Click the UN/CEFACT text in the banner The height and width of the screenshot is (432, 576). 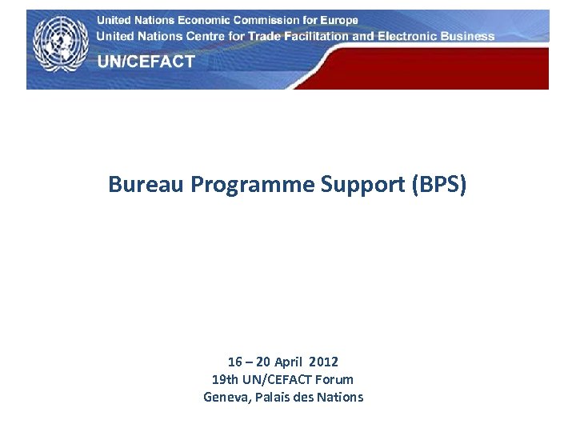point(146,62)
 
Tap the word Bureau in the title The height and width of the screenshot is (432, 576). point(146,185)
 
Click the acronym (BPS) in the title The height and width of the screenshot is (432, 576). point(438,186)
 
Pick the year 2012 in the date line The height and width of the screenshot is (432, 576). point(324,362)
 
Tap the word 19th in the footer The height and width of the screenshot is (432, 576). point(225,379)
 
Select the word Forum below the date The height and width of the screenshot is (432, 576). point(334,379)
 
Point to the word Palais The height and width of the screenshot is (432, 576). point(273,397)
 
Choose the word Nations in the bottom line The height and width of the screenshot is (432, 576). point(340,397)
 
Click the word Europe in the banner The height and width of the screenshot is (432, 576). point(338,20)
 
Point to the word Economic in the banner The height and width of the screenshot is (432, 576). point(197,20)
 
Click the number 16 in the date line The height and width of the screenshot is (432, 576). point(234,362)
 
